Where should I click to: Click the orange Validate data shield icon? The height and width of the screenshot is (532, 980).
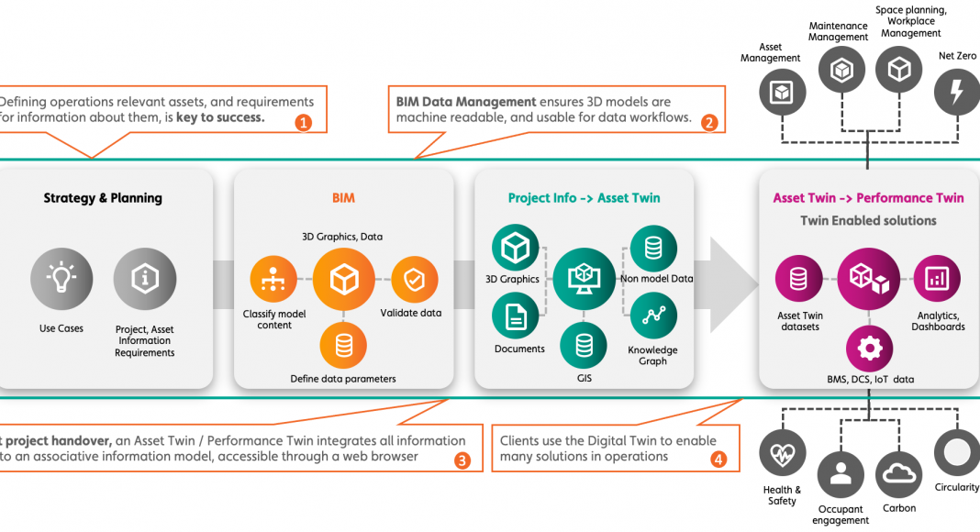(413, 280)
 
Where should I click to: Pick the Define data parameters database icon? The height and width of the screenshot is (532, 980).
(343, 346)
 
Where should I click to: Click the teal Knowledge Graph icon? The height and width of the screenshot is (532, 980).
(653, 317)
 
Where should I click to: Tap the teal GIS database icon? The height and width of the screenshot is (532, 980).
(584, 346)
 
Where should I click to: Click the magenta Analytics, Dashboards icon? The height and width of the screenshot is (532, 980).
(937, 278)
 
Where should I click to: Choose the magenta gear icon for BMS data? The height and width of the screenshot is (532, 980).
(869, 349)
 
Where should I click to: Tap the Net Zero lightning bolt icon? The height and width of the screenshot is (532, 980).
(957, 93)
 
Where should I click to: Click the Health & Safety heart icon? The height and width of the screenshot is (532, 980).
(783, 454)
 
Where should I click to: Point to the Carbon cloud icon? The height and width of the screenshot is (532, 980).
(899, 473)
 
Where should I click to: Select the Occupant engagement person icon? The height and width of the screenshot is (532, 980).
(840, 473)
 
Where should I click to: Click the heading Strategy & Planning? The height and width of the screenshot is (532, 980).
(103, 198)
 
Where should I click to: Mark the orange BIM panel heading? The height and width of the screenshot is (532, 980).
(343, 198)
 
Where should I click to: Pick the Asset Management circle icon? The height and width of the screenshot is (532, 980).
(783, 93)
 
